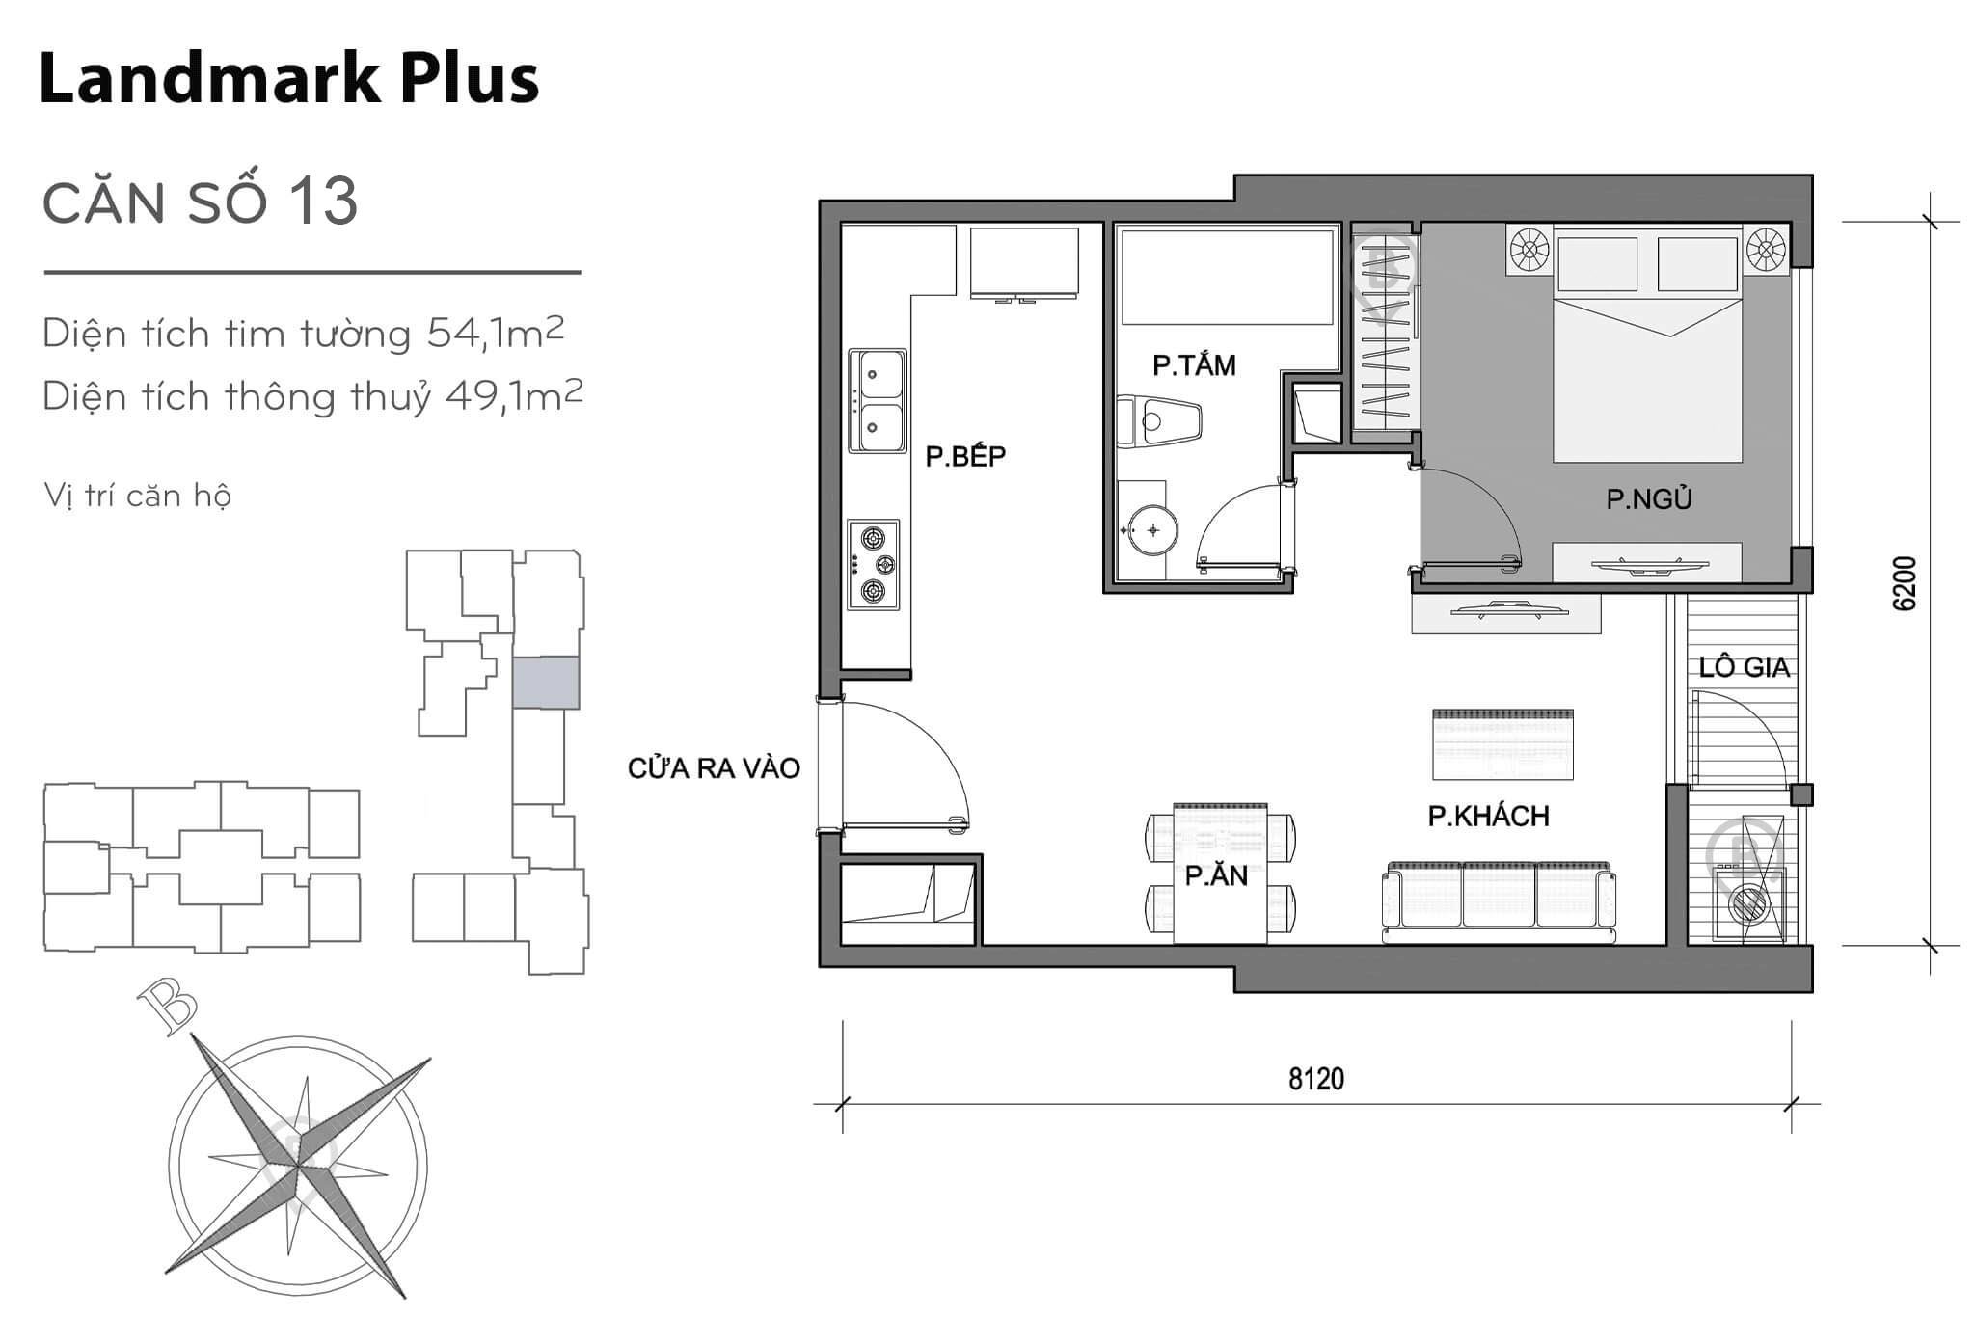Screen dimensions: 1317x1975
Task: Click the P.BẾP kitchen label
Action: [x=965, y=456]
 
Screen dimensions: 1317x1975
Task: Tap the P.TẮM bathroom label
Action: [x=1194, y=365]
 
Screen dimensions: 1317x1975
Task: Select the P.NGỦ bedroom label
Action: [x=1648, y=499]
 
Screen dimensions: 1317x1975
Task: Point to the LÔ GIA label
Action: [x=1744, y=667]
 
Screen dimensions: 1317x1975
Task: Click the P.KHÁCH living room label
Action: [x=1488, y=817]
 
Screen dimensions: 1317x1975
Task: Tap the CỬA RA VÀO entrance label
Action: [x=714, y=768]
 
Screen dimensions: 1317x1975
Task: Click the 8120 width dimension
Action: [x=1315, y=1078]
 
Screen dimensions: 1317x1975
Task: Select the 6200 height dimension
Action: [x=1905, y=583]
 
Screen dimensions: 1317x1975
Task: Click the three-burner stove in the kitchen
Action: [x=873, y=565]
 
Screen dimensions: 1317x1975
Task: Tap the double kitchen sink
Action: [x=878, y=401]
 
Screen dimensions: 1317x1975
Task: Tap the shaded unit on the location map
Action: [x=546, y=683]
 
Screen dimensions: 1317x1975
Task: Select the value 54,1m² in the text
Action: [x=495, y=334]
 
